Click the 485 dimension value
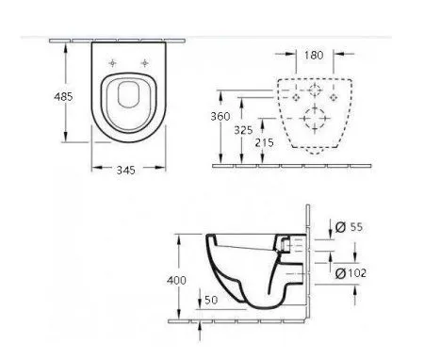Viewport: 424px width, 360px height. [x=63, y=96]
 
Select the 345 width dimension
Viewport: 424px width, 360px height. [x=125, y=170]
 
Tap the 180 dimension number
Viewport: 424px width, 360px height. [x=314, y=56]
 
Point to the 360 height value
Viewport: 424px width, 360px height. [x=220, y=117]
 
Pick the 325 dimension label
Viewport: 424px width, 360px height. [x=243, y=130]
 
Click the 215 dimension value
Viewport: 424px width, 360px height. [x=264, y=143]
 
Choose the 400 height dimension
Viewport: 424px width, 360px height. [x=176, y=280]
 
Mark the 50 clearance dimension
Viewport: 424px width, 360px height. [x=211, y=300]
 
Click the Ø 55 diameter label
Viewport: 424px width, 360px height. [x=349, y=226]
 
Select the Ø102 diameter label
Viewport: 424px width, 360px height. [x=351, y=273]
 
